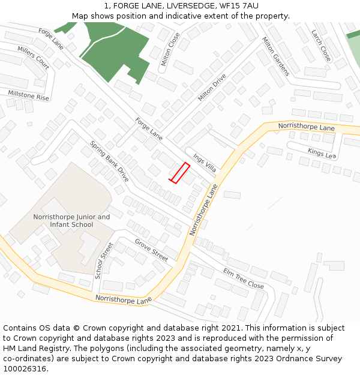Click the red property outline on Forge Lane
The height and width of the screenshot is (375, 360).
coord(179,173)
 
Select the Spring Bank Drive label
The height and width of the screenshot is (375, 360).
coord(110,161)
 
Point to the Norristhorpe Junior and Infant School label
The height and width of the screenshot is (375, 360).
coord(71,221)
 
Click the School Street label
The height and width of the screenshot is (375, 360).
coord(104,260)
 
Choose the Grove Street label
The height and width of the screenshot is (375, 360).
coord(151,250)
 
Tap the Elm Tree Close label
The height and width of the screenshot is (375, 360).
coord(243,278)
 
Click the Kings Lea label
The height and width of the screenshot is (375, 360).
coord(321,153)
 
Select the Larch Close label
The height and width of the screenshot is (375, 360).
coord(321,46)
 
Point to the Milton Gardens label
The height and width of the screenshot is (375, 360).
coord(275,56)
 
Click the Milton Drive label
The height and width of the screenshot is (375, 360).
coord(212,88)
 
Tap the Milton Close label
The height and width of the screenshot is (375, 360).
coord(170,49)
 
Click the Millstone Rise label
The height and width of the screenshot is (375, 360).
coord(28,95)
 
